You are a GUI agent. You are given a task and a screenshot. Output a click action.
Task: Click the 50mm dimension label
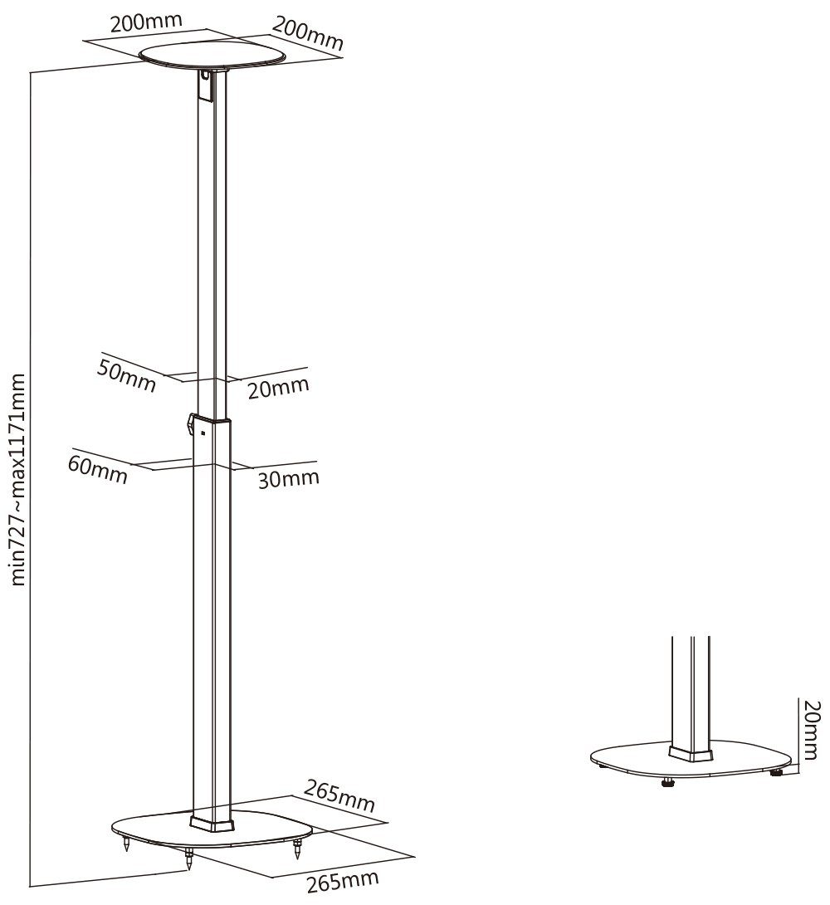click(x=125, y=375)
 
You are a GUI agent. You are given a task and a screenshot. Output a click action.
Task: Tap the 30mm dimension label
click(x=288, y=478)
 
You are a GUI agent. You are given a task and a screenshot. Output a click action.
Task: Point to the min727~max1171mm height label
click(x=18, y=480)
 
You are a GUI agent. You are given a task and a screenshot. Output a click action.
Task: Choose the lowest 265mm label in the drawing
click(x=342, y=880)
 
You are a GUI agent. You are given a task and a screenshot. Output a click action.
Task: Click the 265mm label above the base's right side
click(x=339, y=795)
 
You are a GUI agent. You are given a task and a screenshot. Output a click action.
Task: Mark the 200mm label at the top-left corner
click(x=146, y=22)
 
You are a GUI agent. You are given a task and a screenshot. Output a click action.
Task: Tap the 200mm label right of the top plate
click(x=307, y=33)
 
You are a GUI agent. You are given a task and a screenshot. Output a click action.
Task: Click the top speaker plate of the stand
click(x=212, y=56)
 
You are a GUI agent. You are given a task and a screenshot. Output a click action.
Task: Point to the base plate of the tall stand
click(x=212, y=831)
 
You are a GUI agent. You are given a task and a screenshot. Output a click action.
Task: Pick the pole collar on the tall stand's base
click(x=212, y=823)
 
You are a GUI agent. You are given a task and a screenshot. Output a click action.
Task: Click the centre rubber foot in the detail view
click(x=668, y=782)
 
